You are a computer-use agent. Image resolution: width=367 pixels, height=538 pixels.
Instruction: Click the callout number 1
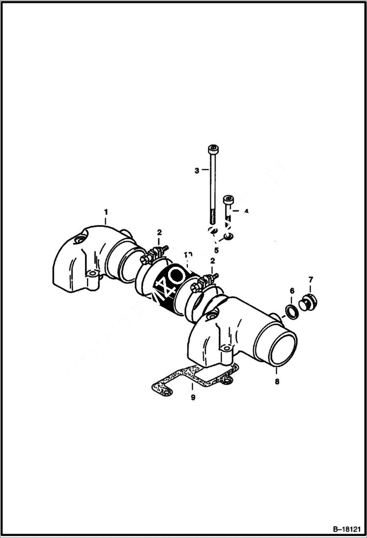tap(105, 211)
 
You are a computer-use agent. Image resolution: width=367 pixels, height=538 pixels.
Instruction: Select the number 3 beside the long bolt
tap(197, 171)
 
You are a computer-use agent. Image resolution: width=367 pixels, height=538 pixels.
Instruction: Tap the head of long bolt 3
tap(213, 150)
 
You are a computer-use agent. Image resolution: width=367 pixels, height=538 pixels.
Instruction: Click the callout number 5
tap(216, 250)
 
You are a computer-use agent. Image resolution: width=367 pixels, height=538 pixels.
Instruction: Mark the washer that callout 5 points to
tap(227, 238)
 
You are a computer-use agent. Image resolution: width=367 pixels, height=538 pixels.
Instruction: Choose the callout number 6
tap(292, 291)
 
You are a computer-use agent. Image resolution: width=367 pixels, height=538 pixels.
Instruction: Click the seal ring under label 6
tap(292, 312)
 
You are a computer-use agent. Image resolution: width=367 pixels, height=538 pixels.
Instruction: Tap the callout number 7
tap(310, 280)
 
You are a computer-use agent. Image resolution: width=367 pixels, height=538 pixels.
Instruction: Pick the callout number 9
tap(193, 398)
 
